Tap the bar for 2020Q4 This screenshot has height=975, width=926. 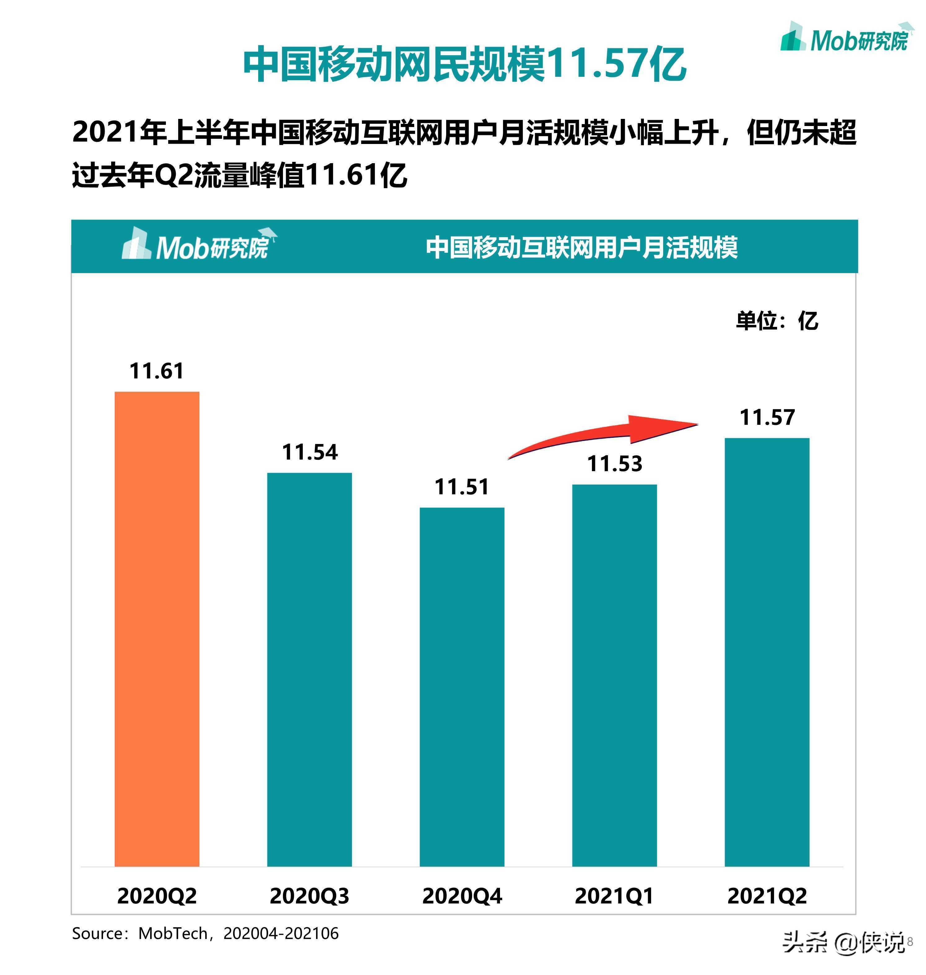coord(462,686)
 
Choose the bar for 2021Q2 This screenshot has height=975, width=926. coord(767,652)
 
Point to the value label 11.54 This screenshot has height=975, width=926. coord(310,452)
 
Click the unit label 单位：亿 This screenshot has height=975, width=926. coord(777,321)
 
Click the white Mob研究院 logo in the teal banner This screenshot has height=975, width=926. coord(198,245)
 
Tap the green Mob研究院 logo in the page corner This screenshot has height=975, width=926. coord(845,38)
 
